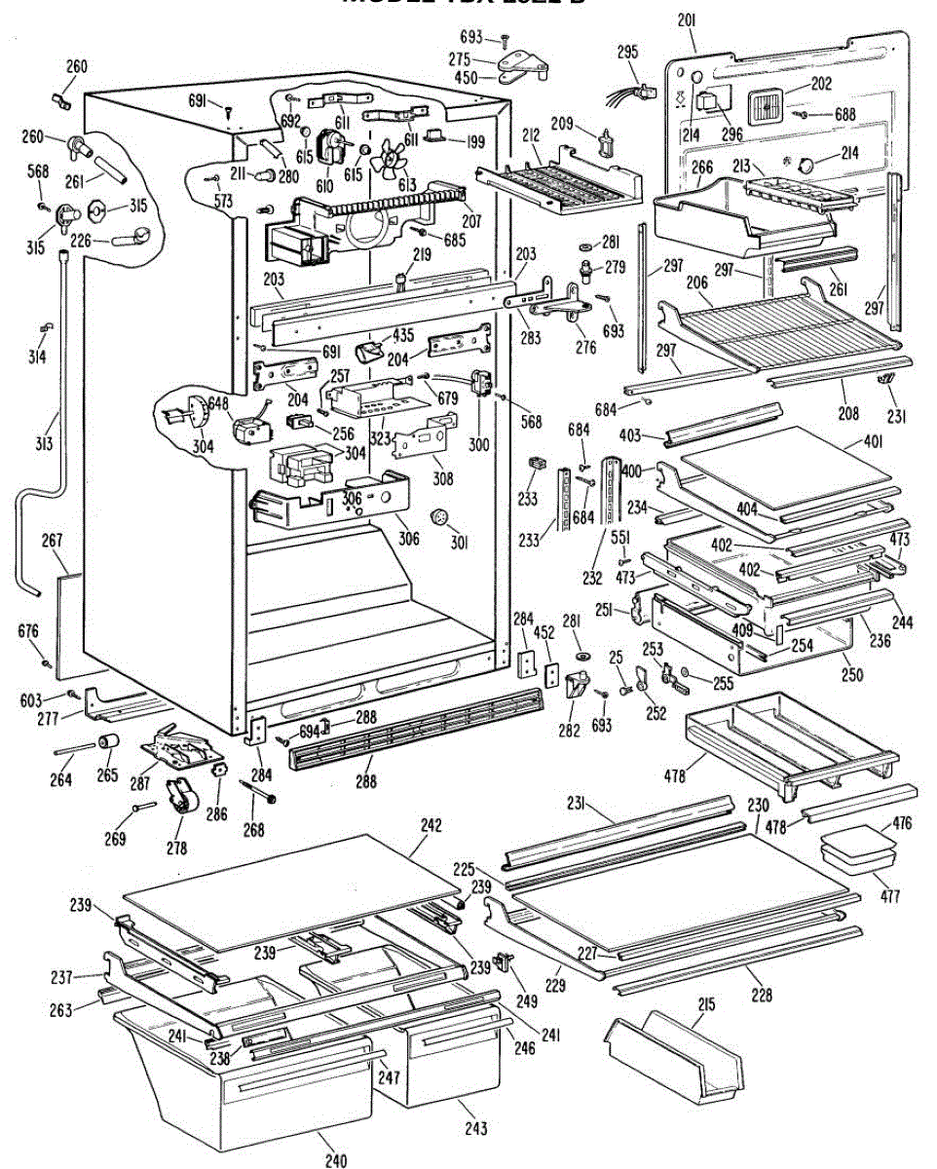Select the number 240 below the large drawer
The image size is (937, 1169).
click(x=335, y=1159)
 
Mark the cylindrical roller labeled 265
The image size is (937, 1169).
click(x=107, y=748)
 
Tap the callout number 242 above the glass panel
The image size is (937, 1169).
click(x=431, y=824)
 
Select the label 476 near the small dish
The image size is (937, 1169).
click(x=902, y=823)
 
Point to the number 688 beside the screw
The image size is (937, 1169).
click(x=844, y=114)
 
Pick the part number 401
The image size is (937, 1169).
click(x=873, y=440)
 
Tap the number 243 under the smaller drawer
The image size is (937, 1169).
click(x=476, y=1128)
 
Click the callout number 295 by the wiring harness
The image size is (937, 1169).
click(x=627, y=51)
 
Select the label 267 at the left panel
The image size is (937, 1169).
click(x=52, y=540)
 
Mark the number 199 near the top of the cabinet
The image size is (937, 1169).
click(x=474, y=142)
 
